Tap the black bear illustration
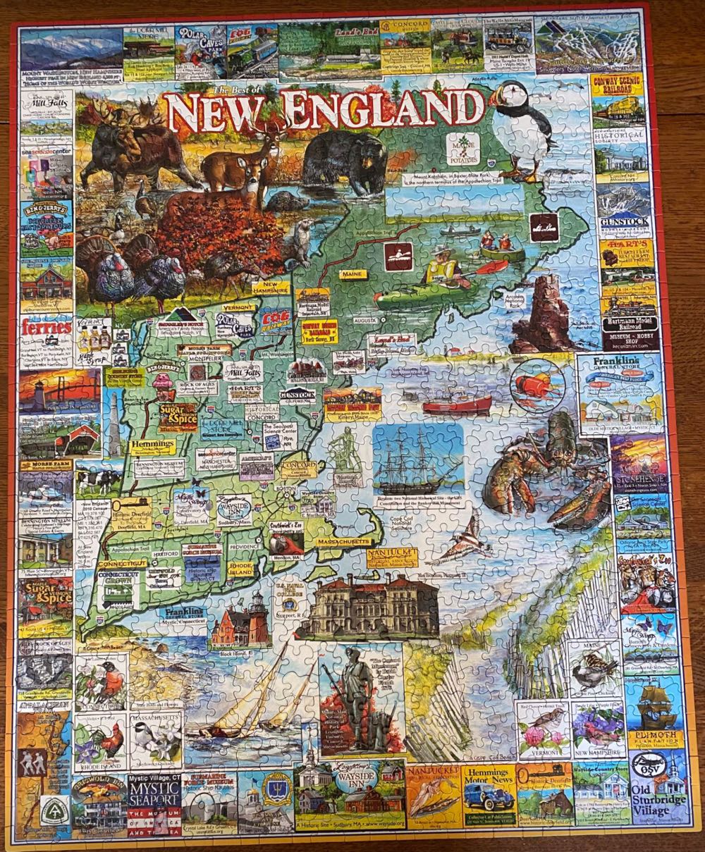345,161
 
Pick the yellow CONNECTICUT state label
123,564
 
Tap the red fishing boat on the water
457,405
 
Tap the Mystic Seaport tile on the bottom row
154,802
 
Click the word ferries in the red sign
46,327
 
